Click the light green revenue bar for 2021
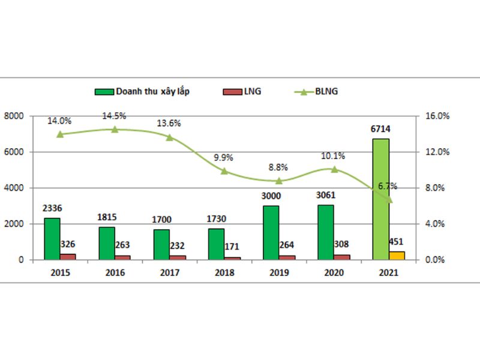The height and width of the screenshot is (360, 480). tap(381, 199)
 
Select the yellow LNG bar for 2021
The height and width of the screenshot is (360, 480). tap(397, 256)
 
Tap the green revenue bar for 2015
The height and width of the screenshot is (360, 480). tap(52, 239)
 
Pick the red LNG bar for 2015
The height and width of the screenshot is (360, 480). tap(68, 257)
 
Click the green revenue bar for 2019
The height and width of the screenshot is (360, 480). tap(271, 233)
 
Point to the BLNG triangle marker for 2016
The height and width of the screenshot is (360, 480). tap(115, 130)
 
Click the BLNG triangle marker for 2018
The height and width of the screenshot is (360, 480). tap(224, 171)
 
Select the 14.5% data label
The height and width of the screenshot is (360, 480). tap(114, 116)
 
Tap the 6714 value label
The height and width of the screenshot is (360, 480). tap(380, 129)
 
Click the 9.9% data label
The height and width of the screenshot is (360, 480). tap(223, 158)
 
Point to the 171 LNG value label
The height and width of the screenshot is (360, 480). tap(232, 246)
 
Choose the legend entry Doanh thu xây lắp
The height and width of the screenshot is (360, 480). tap(142, 91)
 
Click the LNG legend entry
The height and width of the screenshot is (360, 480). tap(242, 91)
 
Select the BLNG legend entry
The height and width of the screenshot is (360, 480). tap(316, 91)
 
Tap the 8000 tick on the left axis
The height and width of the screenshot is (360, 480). tap(14, 116)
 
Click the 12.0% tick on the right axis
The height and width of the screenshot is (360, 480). tap(437, 152)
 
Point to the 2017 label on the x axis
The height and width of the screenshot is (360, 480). tap(170, 272)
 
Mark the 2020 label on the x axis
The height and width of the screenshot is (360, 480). tap(334, 272)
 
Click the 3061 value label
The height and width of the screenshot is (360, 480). tap(326, 195)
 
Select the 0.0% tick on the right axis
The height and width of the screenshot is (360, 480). tap(434, 260)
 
